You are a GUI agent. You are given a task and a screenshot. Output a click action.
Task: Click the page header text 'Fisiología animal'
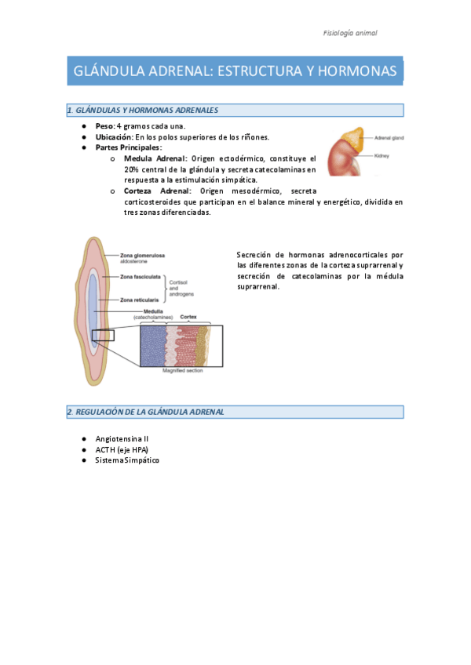pyautogui.click(x=350, y=33)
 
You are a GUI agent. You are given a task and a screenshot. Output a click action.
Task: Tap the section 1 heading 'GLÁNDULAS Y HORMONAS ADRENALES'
pyautogui.click(x=145, y=111)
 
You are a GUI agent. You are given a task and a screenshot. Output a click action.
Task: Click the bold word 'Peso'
pyautogui.click(x=104, y=125)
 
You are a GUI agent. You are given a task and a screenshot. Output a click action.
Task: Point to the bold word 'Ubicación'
pyautogui.click(x=114, y=136)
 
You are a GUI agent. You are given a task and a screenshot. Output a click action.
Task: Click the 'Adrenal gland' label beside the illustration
pyautogui.click(x=389, y=137)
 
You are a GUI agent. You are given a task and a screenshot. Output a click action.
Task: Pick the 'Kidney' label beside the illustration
pyautogui.click(x=383, y=154)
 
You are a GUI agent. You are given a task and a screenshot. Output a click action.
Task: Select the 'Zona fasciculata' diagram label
pyautogui.click(x=141, y=277)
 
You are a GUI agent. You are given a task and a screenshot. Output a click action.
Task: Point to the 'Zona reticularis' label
pyautogui.click(x=140, y=300)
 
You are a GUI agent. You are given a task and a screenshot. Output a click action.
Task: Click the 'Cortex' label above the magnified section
pyautogui.click(x=188, y=318)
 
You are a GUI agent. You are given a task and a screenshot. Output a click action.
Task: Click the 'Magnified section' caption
pyautogui.click(x=182, y=370)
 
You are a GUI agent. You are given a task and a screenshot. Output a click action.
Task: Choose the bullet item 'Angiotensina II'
pyautogui.click(x=122, y=439)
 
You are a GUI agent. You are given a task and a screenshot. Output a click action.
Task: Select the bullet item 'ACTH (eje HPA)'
pyautogui.click(x=121, y=449)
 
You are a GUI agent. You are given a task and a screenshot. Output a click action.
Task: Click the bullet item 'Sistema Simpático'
pyautogui.click(x=126, y=460)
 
